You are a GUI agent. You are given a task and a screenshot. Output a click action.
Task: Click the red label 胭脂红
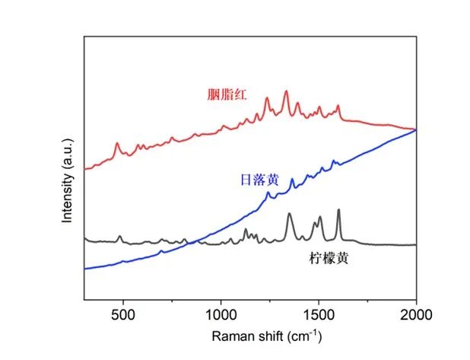tap(230, 95)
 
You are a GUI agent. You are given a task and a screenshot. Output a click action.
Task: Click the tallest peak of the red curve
tap(286, 92)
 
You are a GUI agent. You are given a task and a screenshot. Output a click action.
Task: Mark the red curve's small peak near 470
tap(117, 143)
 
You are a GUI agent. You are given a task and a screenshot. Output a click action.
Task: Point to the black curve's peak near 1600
tap(338, 210)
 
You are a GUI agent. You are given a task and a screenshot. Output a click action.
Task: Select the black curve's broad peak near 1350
tap(289, 215)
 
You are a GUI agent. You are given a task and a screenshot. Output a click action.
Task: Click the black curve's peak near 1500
tap(319, 218)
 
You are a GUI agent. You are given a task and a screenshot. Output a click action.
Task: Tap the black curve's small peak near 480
tap(119, 237)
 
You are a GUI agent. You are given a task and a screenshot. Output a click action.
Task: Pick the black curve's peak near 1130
tap(246, 229)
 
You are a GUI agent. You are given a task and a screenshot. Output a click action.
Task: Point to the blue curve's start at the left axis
tap(84, 268)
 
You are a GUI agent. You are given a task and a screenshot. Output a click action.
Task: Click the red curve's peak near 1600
tap(338, 107)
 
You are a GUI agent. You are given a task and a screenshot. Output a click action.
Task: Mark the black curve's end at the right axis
tap(415, 244)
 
